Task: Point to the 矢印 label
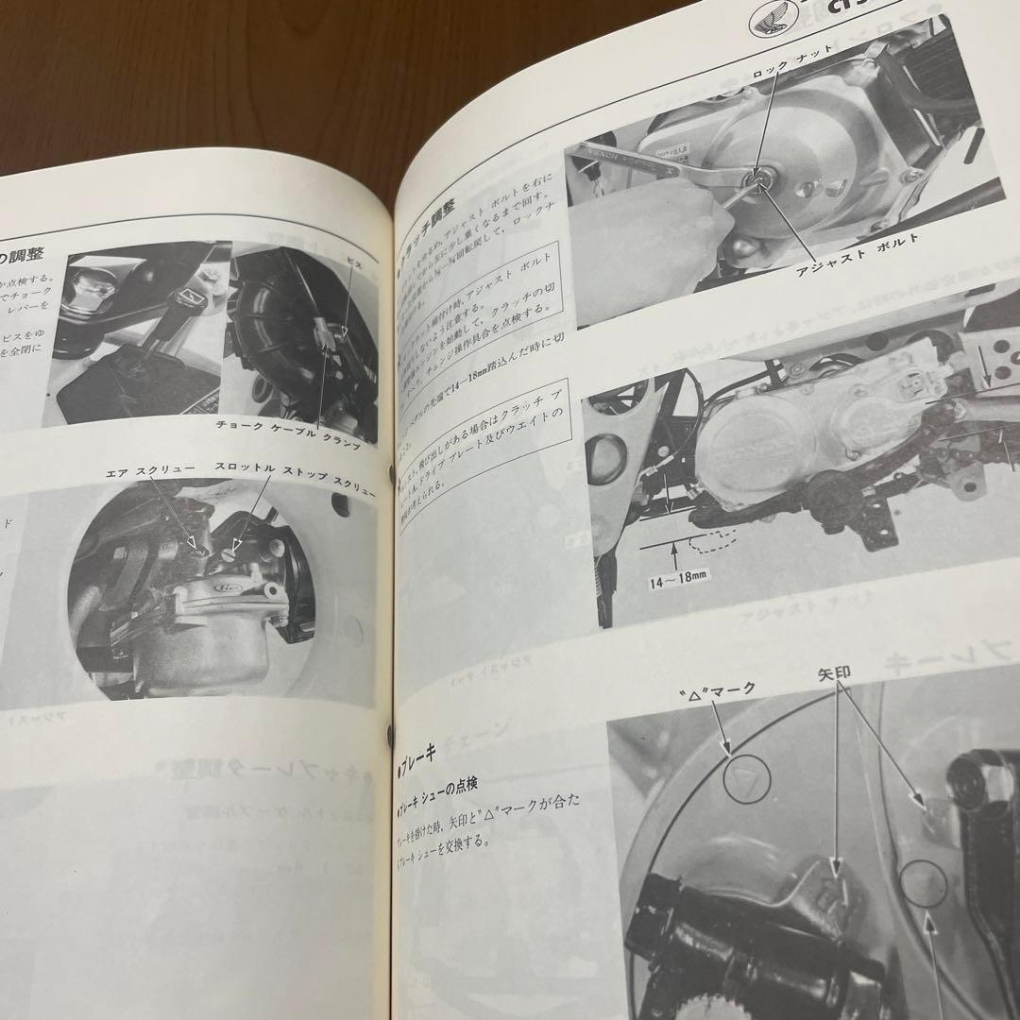pyautogui.click(x=836, y=676)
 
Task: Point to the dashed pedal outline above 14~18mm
pyautogui.click(x=709, y=539)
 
